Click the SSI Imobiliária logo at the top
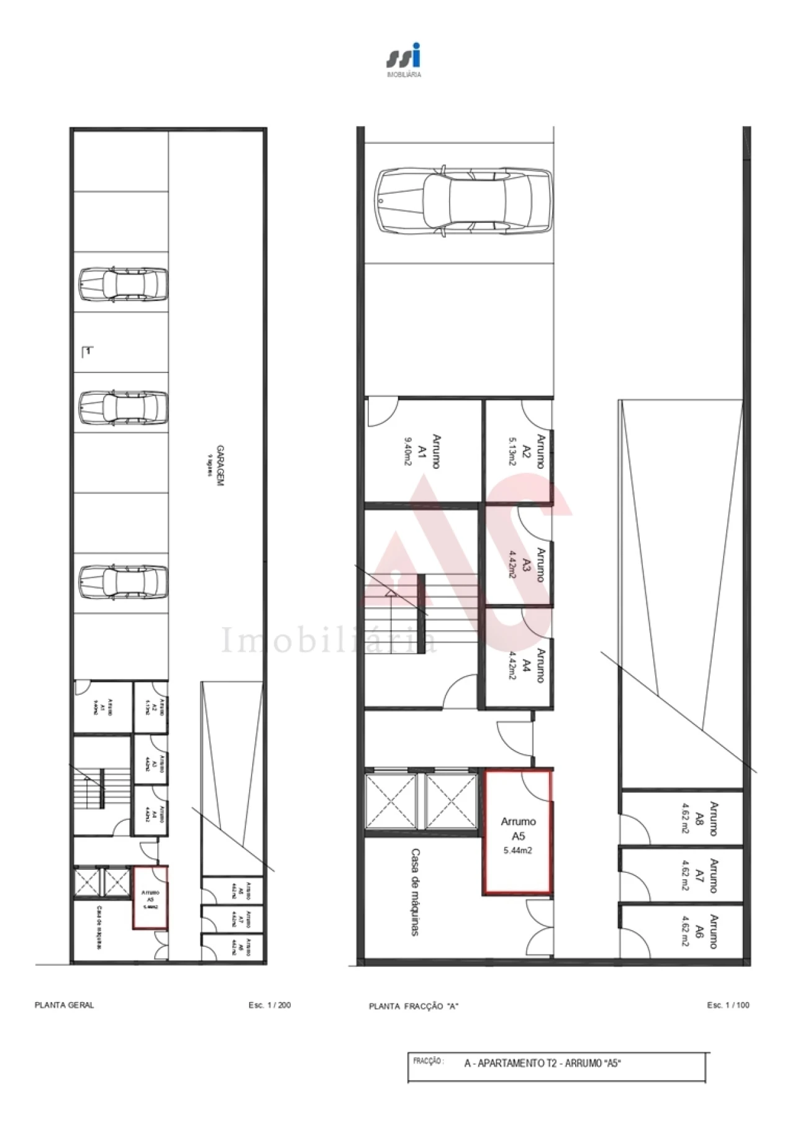tap(404, 59)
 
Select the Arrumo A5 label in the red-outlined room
tap(518, 828)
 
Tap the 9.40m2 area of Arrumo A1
tap(408, 451)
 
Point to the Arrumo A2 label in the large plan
tap(535, 451)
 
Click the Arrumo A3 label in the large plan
tap(534, 564)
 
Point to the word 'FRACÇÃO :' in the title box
tap(429, 1061)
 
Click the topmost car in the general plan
tap(124, 285)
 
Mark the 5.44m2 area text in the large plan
tap(517, 851)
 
